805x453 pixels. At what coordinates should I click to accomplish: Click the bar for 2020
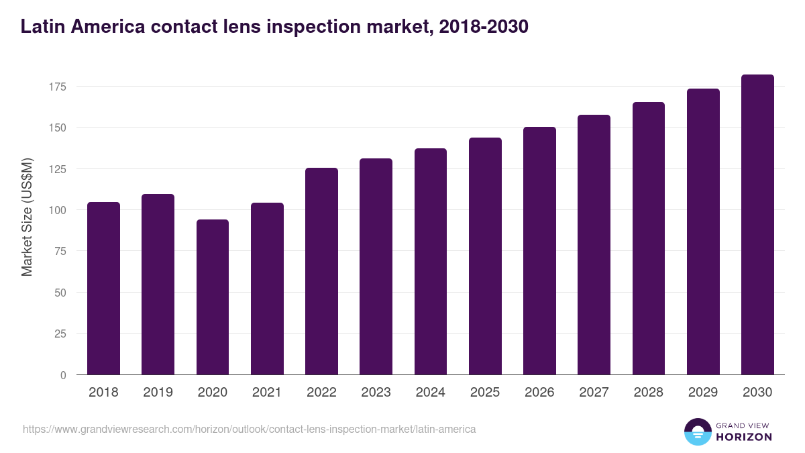213,297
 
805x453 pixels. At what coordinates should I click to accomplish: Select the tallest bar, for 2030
757,225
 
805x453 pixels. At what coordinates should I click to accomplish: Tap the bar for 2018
103,289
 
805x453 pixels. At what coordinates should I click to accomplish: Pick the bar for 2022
321,271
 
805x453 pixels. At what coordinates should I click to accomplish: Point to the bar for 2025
485,256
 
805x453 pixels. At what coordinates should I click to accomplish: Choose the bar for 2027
594,245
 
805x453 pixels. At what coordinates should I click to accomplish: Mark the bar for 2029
703,232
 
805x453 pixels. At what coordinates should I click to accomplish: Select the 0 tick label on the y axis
63,375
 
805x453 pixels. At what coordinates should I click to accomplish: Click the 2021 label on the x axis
267,393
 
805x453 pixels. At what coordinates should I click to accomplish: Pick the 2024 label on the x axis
430,393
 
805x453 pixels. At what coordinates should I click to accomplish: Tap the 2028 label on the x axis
648,393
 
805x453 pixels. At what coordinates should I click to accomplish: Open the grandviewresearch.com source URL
249,429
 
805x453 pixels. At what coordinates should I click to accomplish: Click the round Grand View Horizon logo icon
697,432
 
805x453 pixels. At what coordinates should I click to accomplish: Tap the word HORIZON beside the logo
744,437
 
